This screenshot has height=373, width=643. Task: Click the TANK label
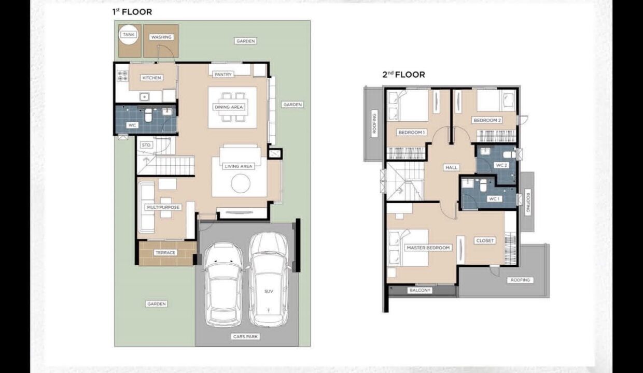click(128, 34)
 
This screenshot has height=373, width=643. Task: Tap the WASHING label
click(161, 37)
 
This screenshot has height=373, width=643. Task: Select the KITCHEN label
click(151, 78)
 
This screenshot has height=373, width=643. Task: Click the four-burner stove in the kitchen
click(122, 76)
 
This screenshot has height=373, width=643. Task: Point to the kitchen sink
click(144, 97)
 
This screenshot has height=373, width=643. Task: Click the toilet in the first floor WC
click(148, 115)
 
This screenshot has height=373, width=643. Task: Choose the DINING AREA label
click(229, 107)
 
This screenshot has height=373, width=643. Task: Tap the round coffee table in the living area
click(241, 183)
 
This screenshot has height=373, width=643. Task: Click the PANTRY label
click(223, 75)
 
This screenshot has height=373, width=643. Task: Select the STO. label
click(146, 145)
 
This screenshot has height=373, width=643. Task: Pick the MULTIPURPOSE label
click(163, 207)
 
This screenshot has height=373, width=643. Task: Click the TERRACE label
click(165, 253)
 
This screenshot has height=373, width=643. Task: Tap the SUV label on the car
click(269, 291)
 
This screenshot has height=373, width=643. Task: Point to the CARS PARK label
click(245, 336)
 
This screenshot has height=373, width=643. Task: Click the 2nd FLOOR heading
click(403, 75)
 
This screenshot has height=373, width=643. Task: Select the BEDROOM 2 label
click(487, 120)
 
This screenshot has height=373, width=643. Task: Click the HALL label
click(452, 167)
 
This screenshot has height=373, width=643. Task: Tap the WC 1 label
click(494, 199)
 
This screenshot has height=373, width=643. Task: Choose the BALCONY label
click(420, 291)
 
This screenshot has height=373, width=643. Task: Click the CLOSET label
click(485, 240)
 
